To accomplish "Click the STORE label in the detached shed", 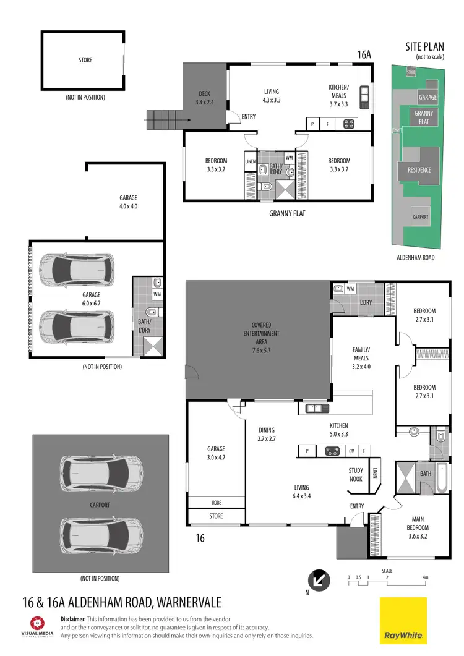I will click(85, 60).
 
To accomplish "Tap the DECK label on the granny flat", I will click(204, 97).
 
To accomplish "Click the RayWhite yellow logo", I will click(403, 620).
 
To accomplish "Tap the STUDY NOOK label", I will click(356, 474).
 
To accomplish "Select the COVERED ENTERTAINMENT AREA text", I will click(265, 334).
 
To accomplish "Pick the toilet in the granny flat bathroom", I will click(268, 185).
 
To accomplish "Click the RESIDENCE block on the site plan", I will click(419, 170).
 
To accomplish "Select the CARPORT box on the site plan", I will click(420, 217).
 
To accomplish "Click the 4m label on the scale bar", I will click(425, 577).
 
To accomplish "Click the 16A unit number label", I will click(364, 55).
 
